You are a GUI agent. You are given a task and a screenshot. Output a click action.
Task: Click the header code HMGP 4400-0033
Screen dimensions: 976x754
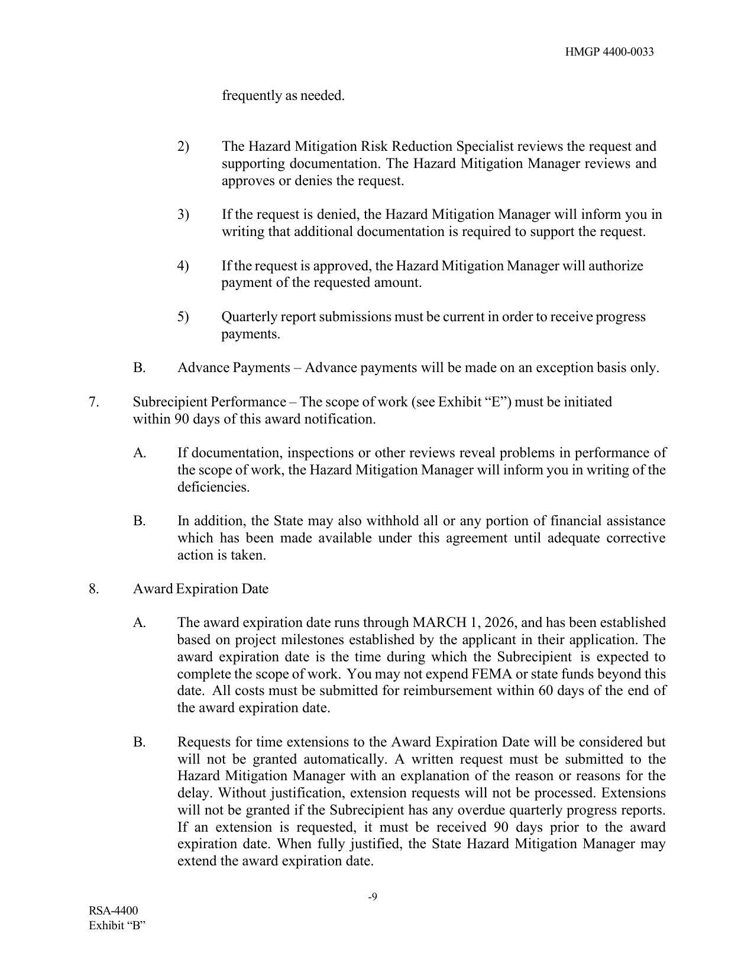point(609,52)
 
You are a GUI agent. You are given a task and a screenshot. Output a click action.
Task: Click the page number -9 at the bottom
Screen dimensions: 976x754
point(373,897)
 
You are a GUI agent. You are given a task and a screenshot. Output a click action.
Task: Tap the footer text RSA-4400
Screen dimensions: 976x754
point(114,910)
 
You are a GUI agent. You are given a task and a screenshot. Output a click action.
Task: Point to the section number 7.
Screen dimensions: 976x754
point(93,402)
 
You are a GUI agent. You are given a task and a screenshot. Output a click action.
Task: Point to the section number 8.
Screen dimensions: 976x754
point(93,589)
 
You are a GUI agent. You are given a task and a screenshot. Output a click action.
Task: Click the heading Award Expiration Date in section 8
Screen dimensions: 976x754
point(200,589)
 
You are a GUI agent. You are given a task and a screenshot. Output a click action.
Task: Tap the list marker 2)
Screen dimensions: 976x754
point(183,146)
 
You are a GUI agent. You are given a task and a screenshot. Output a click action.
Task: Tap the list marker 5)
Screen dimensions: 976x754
point(183,317)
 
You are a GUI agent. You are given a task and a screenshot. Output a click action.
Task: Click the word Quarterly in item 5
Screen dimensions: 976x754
point(249,317)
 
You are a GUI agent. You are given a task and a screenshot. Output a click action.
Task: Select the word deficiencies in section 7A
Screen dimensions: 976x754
point(213,487)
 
